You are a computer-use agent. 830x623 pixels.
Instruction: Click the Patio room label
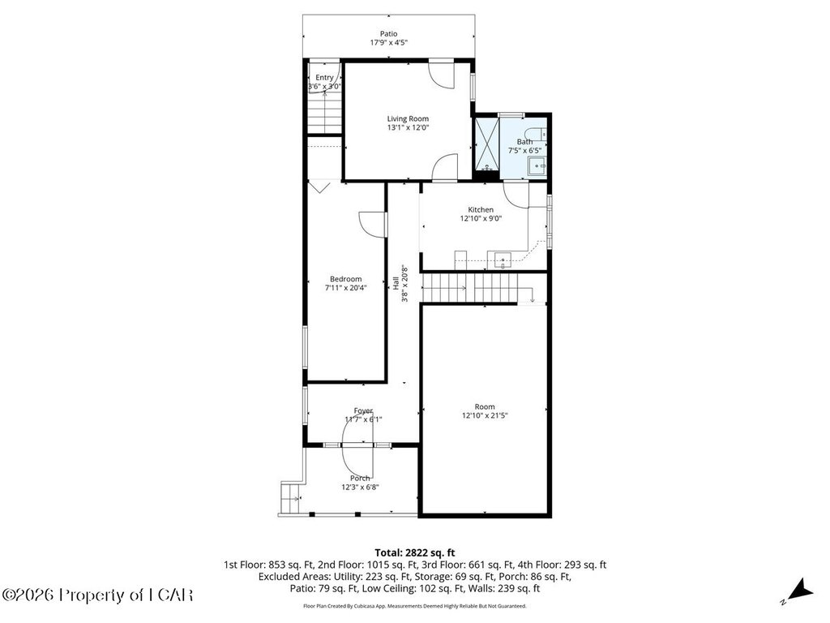point(388,34)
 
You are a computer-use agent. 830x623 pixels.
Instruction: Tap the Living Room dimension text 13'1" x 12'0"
point(408,127)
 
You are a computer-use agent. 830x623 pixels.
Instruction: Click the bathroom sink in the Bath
point(537,166)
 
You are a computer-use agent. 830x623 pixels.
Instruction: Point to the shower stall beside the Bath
point(487,145)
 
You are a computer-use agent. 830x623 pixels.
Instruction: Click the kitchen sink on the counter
point(503,260)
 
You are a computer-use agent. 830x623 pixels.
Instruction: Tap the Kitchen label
point(481,210)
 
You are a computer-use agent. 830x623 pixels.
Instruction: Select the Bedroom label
point(345,279)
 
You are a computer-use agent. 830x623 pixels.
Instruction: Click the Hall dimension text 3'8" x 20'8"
point(405,283)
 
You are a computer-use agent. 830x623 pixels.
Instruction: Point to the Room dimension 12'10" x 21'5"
point(485,416)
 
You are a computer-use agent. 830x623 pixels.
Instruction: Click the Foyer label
point(363,410)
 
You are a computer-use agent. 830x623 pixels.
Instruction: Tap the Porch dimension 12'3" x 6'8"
point(360,488)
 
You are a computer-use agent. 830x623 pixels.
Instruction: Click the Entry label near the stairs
point(324,78)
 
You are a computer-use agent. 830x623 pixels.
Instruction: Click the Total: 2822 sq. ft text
point(415,553)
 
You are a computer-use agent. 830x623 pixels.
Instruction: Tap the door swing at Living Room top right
point(442,75)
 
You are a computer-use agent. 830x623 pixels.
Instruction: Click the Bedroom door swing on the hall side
point(372,225)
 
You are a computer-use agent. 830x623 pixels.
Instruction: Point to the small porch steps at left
point(289,499)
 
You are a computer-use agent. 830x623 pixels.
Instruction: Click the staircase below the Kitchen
point(470,288)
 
